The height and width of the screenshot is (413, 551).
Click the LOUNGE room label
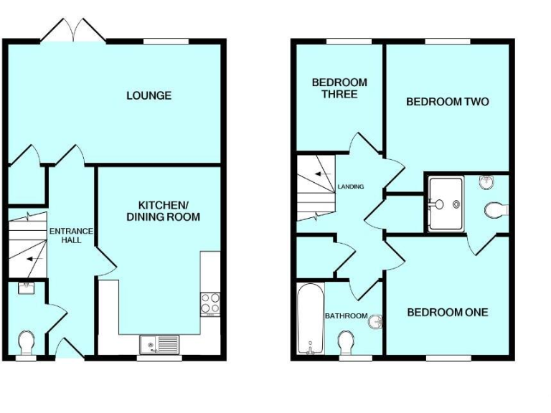[x=149, y=95]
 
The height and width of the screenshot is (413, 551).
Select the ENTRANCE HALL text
[x=70, y=235]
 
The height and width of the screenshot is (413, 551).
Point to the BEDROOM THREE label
[x=339, y=88]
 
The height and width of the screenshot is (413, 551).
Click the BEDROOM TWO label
[x=447, y=102]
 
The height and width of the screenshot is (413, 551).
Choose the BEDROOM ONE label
[x=447, y=313]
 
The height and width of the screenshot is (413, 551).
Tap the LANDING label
[x=352, y=187]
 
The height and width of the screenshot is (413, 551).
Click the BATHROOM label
[x=346, y=316]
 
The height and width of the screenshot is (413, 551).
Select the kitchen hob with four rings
[x=210, y=303]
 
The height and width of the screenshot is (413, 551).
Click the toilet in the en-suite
[x=495, y=210]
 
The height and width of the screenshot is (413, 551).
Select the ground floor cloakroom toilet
[x=26, y=343]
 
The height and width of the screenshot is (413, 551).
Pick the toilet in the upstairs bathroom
[x=346, y=342]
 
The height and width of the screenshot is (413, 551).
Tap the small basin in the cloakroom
[x=26, y=288]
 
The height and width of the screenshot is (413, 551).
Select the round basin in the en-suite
[x=486, y=181]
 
